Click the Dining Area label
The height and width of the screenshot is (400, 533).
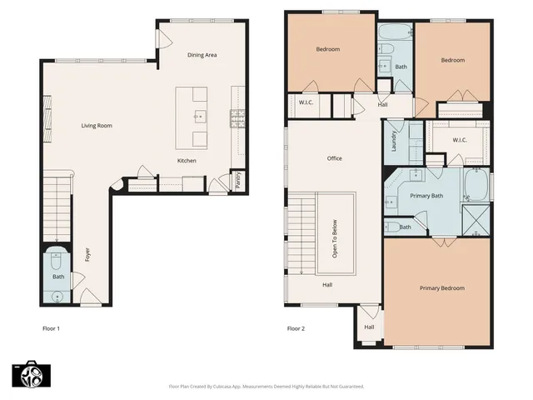(202, 55)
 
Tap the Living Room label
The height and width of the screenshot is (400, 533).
(97, 126)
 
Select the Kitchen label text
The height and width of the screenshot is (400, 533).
(187, 160)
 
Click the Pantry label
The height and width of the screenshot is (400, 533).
(237, 179)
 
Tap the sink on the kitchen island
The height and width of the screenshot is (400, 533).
(200, 116)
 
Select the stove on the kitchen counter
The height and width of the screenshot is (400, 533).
(237, 117)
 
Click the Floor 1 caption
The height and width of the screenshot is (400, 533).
(51, 328)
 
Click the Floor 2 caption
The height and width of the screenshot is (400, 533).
(296, 328)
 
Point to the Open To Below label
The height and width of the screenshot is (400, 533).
(335, 238)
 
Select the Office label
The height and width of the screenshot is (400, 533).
(335, 158)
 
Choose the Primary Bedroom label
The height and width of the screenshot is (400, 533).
(441, 288)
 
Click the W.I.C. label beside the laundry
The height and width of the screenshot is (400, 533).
(460, 140)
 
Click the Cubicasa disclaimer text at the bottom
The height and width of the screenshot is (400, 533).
(266, 387)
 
